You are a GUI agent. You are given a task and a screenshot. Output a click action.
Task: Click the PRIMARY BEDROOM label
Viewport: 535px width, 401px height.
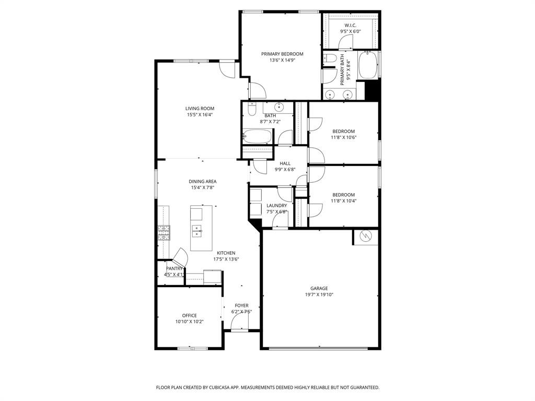point(282,54)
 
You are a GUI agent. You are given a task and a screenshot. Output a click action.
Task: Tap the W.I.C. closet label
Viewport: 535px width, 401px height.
point(350,25)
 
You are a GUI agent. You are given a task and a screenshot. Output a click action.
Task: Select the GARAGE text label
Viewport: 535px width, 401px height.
point(319,288)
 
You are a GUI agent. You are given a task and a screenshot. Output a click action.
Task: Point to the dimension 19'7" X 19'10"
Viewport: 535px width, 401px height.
point(319,295)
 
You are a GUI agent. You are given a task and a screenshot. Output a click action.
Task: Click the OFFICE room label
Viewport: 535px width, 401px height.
point(189,315)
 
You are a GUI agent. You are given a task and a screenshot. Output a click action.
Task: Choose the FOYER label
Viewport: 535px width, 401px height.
point(241,305)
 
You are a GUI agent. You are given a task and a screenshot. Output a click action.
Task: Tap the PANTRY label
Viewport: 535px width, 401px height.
point(174,268)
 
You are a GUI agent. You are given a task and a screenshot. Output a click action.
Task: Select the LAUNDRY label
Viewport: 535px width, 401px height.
point(276,206)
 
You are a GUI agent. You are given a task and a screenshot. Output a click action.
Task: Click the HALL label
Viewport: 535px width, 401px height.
point(285,163)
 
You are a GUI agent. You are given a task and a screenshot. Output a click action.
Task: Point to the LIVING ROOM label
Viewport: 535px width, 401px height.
point(200,109)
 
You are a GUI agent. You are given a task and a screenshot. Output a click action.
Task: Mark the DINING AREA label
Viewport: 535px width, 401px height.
point(203,182)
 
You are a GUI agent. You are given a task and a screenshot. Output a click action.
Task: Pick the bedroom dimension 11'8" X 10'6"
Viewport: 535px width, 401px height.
point(343,138)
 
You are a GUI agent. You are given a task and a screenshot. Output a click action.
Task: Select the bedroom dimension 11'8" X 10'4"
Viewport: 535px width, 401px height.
point(343,201)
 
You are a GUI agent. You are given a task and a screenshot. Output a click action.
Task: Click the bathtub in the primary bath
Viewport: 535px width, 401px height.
point(368,65)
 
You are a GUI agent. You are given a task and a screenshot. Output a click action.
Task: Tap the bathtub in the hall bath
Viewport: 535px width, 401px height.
point(257,137)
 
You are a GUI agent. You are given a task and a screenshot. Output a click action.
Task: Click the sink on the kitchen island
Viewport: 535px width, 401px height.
point(197,228)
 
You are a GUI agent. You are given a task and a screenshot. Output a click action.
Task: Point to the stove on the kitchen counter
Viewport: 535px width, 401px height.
point(164,232)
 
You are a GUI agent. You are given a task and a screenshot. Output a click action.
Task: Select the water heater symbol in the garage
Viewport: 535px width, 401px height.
point(366,237)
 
